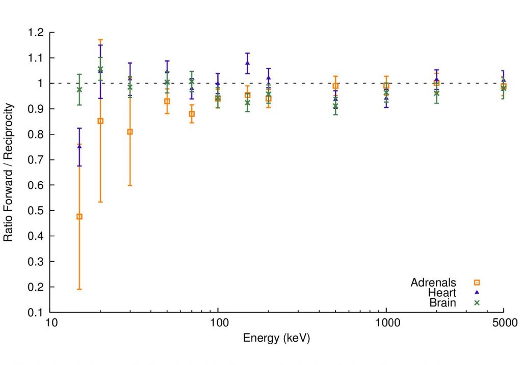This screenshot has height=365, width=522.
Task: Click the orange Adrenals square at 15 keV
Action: pyautogui.click(x=79, y=216)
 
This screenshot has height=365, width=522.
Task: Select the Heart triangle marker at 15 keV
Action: pyautogui.click(x=79, y=147)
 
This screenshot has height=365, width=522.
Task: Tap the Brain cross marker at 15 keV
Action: pyautogui.click(x=79, y=90)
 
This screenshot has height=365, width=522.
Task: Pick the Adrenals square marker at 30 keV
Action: pyautogui.click(x=130, y=132)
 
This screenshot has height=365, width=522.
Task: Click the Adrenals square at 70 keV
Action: pyautogui.click(x=192, y=114)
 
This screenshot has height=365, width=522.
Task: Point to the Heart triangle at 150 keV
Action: pyautogui.click(x=248, y=63)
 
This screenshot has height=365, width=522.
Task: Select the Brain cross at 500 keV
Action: pyautogui.click(x=335, y=106)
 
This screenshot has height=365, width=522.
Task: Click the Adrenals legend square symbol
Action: pyautogui.click(x=478, y=282)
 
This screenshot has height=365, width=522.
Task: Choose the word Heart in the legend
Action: pyautogui.click(x=442, y=293)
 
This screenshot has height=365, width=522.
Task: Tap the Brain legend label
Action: pyautogui.click(x=443, y=303)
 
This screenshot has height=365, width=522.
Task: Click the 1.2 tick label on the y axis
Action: pyautogui.click(x=37, y=33)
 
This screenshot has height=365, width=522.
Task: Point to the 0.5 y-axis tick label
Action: pyautogui.click(x=37, y=211)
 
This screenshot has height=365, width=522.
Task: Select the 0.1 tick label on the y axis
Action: pyautogui.click(x=37, y=313)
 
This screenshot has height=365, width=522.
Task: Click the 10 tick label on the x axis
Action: pyautogui.click(x=50, y=323)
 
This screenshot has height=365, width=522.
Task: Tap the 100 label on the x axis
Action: pyautogui.click(x=218, y=323)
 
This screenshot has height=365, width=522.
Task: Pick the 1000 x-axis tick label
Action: pyautogui.click(x=386, y=323)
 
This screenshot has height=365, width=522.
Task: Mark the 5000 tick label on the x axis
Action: pyautogui.click(x=503, y=323)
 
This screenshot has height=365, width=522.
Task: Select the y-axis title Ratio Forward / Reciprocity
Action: pyautogui.click(x=9, y=173)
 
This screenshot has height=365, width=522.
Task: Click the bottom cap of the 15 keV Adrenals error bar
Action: pyautogui.click(x=79, y=289)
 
